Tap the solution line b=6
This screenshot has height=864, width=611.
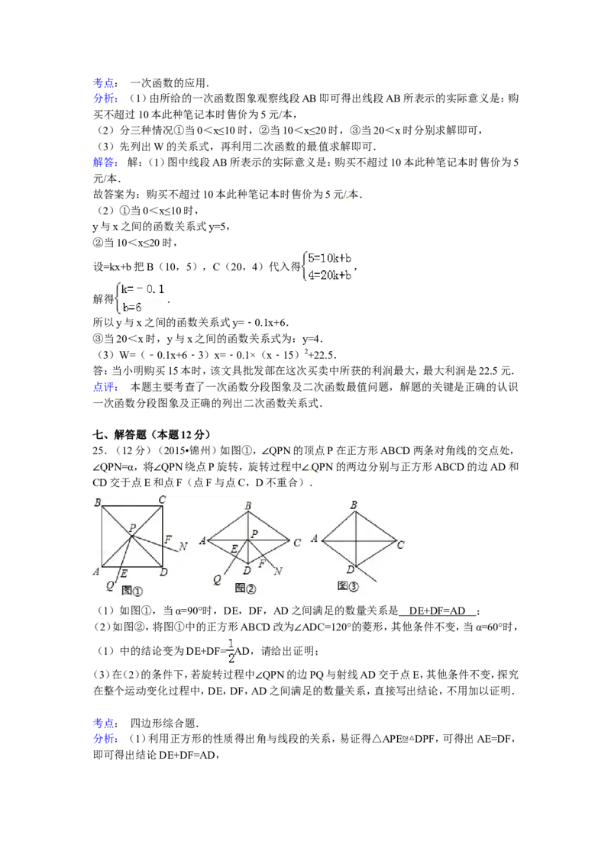click(x=134, y=307)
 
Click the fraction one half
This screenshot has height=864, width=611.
click(x=230, y=650)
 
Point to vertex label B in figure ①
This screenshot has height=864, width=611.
click(x=98, y=502)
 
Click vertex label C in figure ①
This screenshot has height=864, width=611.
click(x=163, y=500)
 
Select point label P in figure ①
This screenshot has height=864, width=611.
click(x=132, y=527)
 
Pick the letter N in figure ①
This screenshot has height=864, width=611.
click(x=183, y=546)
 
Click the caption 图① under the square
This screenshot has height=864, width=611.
click(x=132, y=591)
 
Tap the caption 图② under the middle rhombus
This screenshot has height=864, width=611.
click(x=245, y=588)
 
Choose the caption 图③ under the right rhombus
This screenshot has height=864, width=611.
click(x=348, y=586)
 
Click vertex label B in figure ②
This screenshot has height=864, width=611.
click(x=247, y=505)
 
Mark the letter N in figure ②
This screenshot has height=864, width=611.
click(x=278, y=571)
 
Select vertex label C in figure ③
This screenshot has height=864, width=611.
click(x=400, y=545)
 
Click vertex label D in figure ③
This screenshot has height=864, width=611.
click(x=349, y=570)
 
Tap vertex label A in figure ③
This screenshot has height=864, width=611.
click(x=315, y=539)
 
